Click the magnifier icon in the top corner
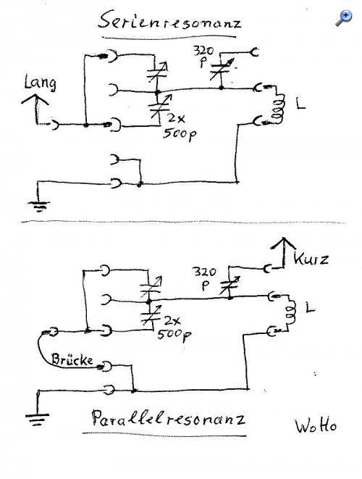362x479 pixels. pos(344,18)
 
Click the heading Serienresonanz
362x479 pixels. pos(169,21)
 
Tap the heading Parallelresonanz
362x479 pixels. pos(168,418)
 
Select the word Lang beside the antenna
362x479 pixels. pos(41,83)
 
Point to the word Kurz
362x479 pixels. pos(311,259)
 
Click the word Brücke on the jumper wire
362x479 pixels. pos(72,359)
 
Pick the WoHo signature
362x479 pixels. pos(316,426)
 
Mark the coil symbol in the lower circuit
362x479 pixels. pos(290,312)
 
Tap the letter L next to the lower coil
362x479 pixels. pos(310,307)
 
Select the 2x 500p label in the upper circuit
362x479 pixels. pos(180,128)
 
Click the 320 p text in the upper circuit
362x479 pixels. pos(204,56)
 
